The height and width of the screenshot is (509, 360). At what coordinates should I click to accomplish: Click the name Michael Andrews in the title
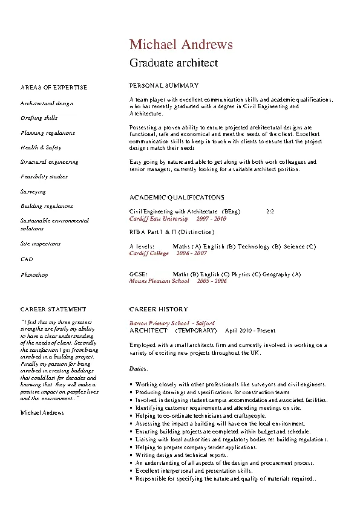181,45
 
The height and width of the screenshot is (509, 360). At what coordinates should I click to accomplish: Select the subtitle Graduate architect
174,62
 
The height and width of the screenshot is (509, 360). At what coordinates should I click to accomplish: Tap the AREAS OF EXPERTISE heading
54,88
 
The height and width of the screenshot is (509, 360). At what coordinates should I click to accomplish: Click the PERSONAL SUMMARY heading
164,86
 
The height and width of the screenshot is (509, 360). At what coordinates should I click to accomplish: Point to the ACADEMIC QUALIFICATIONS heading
177,198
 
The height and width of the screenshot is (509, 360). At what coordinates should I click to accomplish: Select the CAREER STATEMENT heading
53,309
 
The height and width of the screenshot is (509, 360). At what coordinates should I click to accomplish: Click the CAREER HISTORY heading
159,309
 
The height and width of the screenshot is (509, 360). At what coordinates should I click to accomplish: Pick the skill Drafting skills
39,118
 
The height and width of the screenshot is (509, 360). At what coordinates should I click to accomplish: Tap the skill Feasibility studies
44,177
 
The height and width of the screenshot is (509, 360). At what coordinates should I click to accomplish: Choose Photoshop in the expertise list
34,275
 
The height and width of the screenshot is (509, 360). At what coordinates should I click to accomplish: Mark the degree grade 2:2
270,212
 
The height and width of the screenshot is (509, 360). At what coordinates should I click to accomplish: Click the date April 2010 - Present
250,331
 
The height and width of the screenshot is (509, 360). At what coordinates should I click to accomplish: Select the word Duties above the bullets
139,368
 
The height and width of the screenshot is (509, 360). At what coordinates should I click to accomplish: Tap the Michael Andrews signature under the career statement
42,412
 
